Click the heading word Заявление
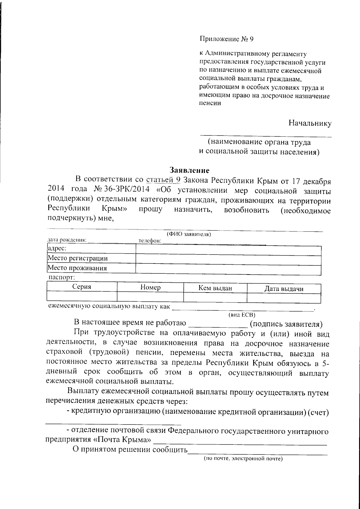[x=189, y=170]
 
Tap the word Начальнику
[x=310, y=123]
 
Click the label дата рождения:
[x=67, y=240]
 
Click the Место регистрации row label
[x=78, y=258]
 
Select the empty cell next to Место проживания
[x=228, y=268]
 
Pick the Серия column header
[x=82, y=287]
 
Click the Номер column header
[x=150, y=287]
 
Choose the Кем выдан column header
[x=215, y=288]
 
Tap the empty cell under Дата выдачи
[x=283, y=298]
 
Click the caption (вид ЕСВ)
[x=241, y=315]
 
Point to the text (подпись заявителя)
[x=286, y=324]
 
